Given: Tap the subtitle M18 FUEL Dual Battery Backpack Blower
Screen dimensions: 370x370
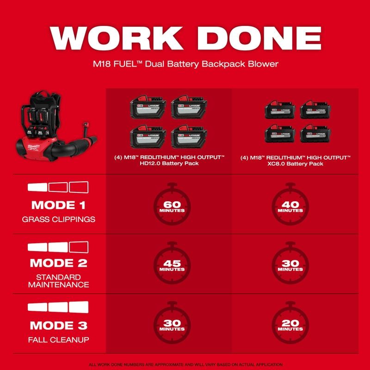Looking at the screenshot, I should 185,64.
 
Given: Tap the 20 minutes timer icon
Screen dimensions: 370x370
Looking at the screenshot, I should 290,324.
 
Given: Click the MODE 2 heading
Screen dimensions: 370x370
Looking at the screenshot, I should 58,263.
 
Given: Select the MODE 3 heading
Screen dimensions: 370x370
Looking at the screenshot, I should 58,326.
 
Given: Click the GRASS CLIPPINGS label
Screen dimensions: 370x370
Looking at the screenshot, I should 58,219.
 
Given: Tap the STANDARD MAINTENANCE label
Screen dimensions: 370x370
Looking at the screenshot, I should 58,281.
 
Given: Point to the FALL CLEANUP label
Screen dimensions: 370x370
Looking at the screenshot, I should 58,340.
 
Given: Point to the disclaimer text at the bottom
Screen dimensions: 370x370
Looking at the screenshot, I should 185,364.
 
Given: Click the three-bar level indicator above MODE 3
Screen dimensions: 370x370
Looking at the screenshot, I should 58,307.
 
